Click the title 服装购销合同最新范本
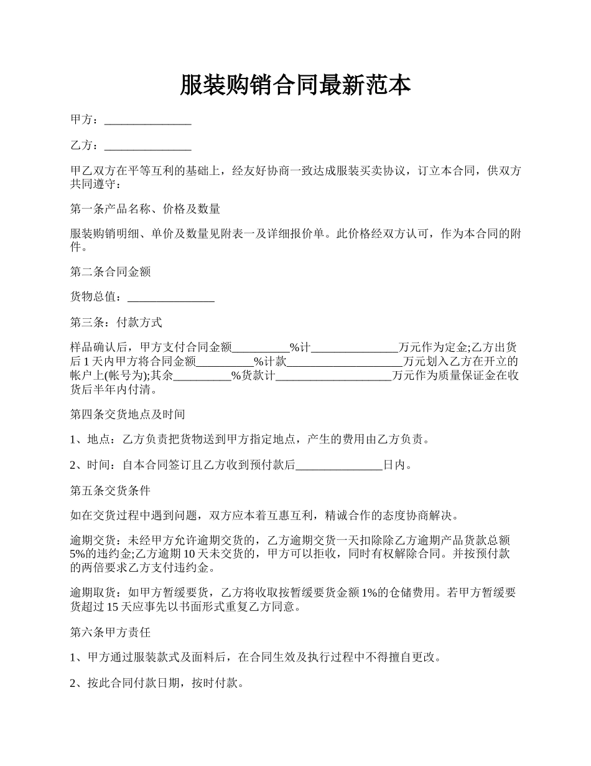[x=295, y=85]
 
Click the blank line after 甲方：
[x=147, y=120]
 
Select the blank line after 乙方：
[x=147, y=146]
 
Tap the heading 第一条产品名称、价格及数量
[x=145, y=209]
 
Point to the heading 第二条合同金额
[x=110, y=272]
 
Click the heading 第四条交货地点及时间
[x=128, y=414]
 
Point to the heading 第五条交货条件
[x=110, y=491]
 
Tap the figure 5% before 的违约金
[x=78, y=554]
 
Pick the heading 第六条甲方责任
[x=110, y=632]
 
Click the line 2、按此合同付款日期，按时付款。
[x=156, y=683]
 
